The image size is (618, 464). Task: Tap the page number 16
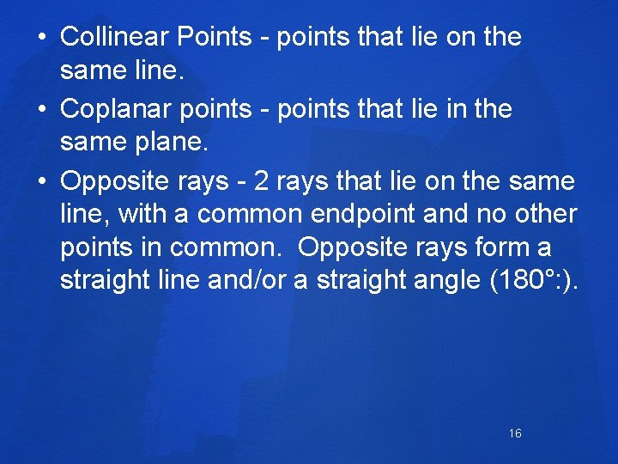pyautogui.click(x=515, y=433)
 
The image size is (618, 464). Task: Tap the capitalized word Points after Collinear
pyautogui.click(x=214, y=37)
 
